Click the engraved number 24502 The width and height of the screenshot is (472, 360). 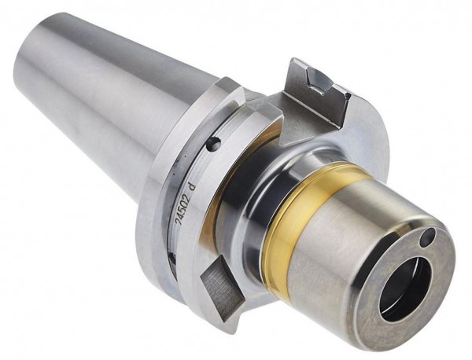tap(183, 210)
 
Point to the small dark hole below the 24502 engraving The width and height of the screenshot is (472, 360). tap(172, 258)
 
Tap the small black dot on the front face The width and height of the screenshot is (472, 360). tap(428, 234)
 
